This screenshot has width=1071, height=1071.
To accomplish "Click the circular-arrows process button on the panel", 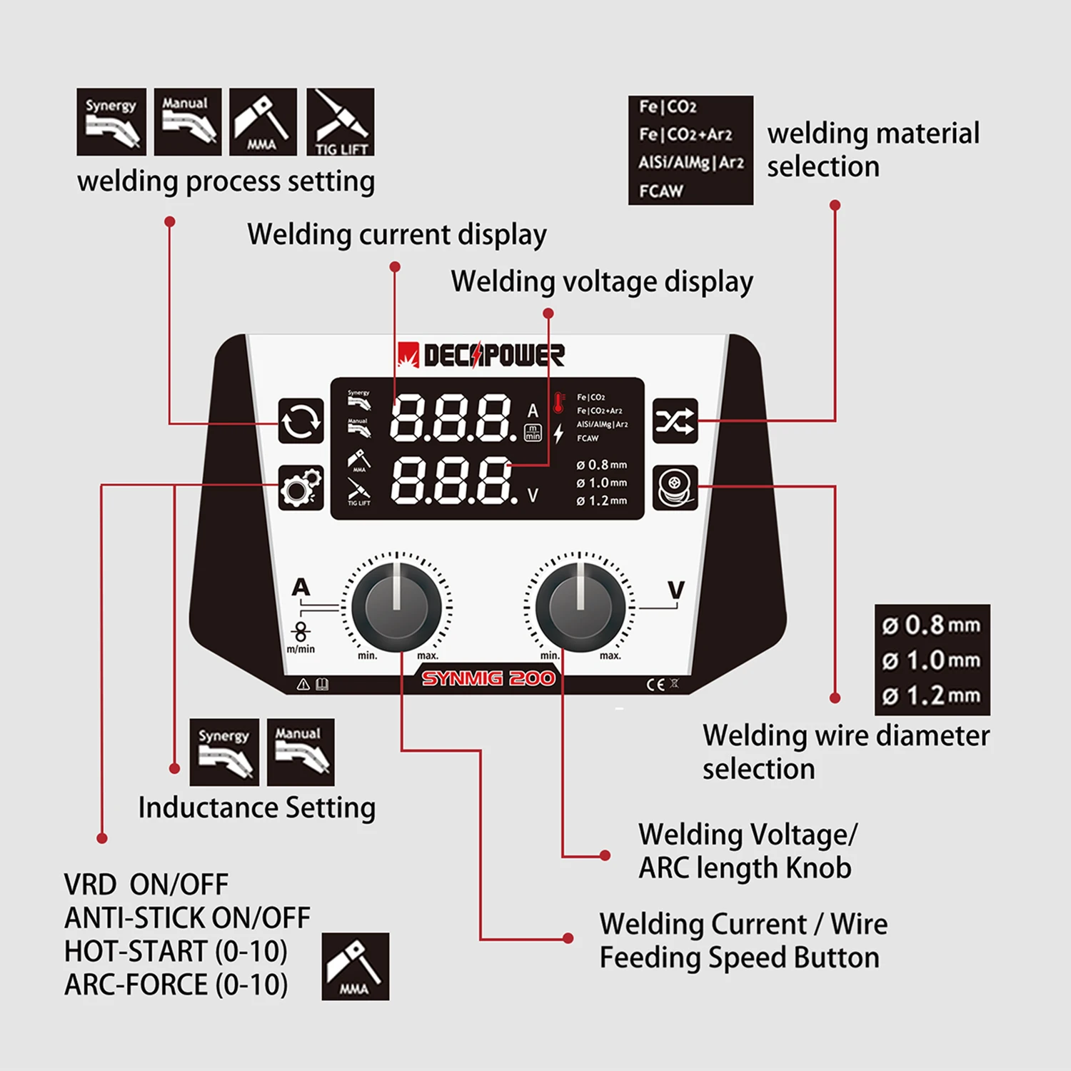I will pyautogui.click(x=301, y=421).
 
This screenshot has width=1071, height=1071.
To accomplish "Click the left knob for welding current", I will pyautogui.click(x=396, y=607).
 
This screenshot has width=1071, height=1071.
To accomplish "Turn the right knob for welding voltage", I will pyautogui.click(x=580, y=607).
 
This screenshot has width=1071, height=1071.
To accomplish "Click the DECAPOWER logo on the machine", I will pyautogui.click(x=481, y=355).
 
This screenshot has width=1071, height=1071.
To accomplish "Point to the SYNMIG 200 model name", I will pyautogui.click(x=488, y=678).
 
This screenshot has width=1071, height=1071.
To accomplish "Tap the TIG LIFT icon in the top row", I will pyautogui.click(x=341, y=122).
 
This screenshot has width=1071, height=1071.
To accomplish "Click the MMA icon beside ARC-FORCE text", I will pyautogui.click(x=355, y=966).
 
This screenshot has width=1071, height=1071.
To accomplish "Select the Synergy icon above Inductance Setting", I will pyautogui.click(x=224, y=752).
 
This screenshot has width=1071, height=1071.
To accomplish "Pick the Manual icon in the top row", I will pyautogui.click(x=188, y=122).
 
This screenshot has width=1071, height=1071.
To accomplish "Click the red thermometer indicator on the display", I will pyautogui.click(x=559, y=403).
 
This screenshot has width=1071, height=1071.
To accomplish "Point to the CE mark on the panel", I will pyautogui.click(x=655, y=685).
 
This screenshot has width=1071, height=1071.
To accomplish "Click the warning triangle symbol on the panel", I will pyautogui.click(x=303, y=685).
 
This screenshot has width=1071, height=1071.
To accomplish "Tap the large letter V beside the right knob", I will pyautogui.click(x=675, y=590).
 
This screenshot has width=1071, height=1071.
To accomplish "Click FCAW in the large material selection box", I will pyautogui.click(x=661, y=191).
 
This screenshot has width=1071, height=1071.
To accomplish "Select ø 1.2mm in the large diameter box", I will pyautogui.click(x=932, y=695).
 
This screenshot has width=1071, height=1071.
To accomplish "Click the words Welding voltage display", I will pyautogui.click(x=602, y=281).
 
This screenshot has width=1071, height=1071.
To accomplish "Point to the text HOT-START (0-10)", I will pyautogui.click(x=176, y=951).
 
